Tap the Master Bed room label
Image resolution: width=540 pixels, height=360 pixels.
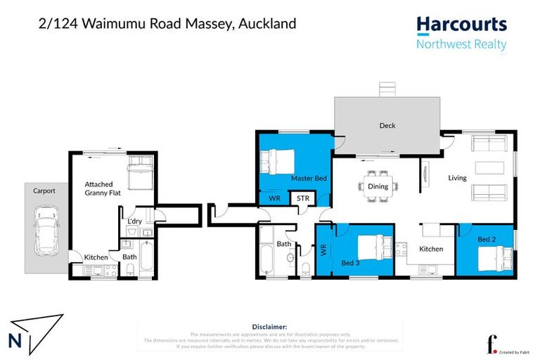pos(309,179)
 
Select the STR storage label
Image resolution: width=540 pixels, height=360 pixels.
pos(303,199)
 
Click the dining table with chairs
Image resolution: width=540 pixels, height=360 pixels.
pos(378,186)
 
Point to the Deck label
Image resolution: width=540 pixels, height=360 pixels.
pos(387,126)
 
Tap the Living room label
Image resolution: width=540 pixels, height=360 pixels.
pos(457,178)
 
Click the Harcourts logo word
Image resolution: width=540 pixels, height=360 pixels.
pos(461,25)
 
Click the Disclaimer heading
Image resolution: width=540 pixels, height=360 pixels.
pos(269,326)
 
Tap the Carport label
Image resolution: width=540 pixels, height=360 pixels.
pos(44,190)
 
